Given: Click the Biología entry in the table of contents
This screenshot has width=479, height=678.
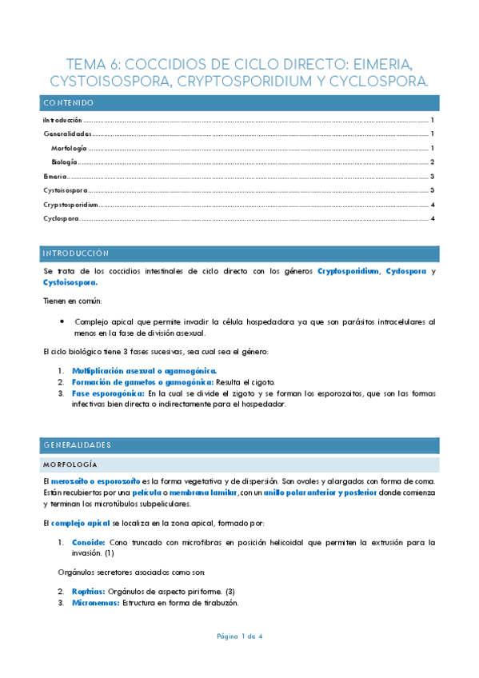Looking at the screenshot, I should [x=64, y=162].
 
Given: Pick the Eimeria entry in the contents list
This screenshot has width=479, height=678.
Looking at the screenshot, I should [x=54, y=176].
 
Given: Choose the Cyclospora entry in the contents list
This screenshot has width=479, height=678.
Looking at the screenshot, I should [x=61, y=218].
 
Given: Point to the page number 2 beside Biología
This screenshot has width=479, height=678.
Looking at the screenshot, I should [x=432, y=162].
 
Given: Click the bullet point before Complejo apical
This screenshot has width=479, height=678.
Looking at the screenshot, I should [x=62, y=321].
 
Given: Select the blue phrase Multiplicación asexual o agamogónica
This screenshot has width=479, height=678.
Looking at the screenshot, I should [x=144, y=372].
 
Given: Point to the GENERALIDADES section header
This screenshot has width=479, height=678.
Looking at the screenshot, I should [x=78, y=445].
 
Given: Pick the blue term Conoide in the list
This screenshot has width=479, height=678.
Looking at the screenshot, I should [x=87, y=542].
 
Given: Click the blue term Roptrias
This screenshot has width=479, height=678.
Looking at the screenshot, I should [x=88, y=591].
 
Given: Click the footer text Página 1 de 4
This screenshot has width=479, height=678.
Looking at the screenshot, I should [x=239, y=636].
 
